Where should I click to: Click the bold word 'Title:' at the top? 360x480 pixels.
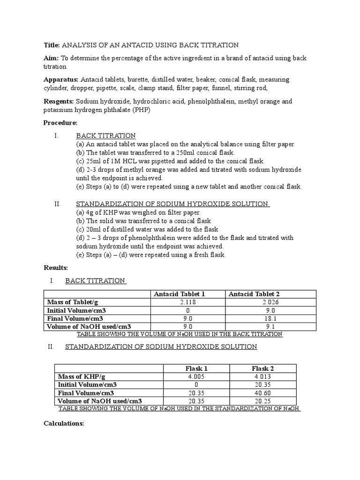tap(52, 45)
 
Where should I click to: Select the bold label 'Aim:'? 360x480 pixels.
tap(51, 58)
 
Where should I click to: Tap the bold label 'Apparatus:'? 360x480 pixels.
tap(61, 80)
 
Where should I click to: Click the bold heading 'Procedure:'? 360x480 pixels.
tap(60, 123)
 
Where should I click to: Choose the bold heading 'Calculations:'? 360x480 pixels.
tap(64, 423)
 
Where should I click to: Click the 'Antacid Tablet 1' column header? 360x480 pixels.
tap(180, 294)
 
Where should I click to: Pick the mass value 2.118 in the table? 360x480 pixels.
tap(187, 302)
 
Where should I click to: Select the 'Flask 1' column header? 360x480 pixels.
tap(196, 368)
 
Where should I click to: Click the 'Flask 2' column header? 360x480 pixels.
tap(262, 368)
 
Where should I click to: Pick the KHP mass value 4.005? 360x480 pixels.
tap(196, 376)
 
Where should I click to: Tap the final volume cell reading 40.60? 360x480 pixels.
tap(262, 393)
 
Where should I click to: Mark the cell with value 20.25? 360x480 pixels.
tap(262, 401)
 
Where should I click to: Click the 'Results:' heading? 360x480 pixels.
tap(56, 268)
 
